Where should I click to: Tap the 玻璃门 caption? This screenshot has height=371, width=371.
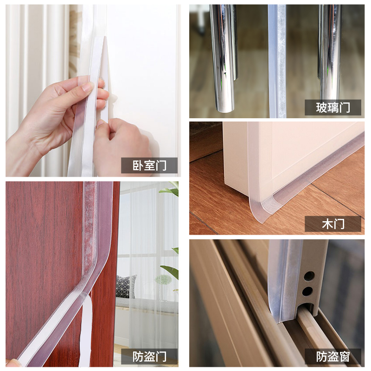[x=333, y=108]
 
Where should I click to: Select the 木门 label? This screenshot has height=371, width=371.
[x=333, y=224]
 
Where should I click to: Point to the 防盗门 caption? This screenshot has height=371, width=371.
[x=149, y=357]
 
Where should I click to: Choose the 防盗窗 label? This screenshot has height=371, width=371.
[x=333, y=357]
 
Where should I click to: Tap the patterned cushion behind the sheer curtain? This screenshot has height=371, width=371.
[x=126, y=286]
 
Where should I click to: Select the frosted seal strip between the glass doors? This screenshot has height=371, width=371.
[x=277, y=60]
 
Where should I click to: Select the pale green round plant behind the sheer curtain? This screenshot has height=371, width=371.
[x=163, y=280]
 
